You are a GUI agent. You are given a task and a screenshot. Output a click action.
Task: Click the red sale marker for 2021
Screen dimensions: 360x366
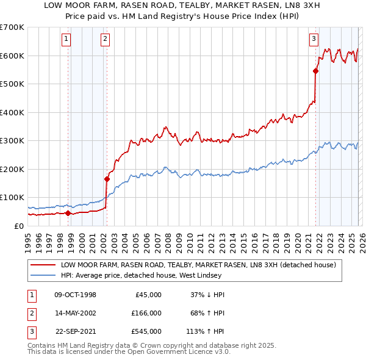[316, 71]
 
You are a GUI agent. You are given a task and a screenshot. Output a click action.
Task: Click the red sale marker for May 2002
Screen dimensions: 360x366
[107, 179]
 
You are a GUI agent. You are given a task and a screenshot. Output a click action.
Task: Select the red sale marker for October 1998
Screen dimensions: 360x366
[68, 213]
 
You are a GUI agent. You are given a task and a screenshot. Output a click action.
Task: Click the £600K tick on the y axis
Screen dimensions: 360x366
[12, 56]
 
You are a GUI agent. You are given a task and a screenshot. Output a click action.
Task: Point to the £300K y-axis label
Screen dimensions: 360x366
[12, 140]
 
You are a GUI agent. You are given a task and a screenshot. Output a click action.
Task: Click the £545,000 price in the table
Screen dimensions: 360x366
[146, 333]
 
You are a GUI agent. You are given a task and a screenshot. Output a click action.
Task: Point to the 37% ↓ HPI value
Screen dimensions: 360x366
[209, 295]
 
